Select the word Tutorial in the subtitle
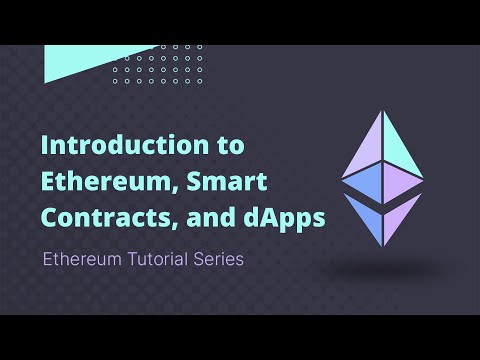tap(159, 258)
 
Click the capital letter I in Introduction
tap(44, 145)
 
